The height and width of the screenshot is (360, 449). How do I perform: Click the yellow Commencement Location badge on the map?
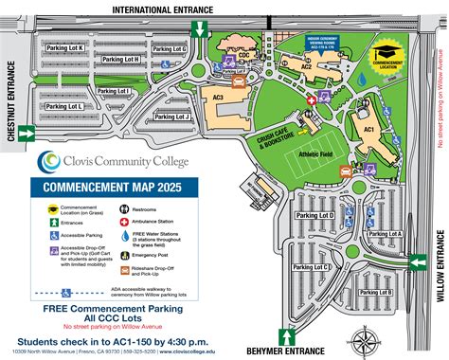point(386,55)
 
